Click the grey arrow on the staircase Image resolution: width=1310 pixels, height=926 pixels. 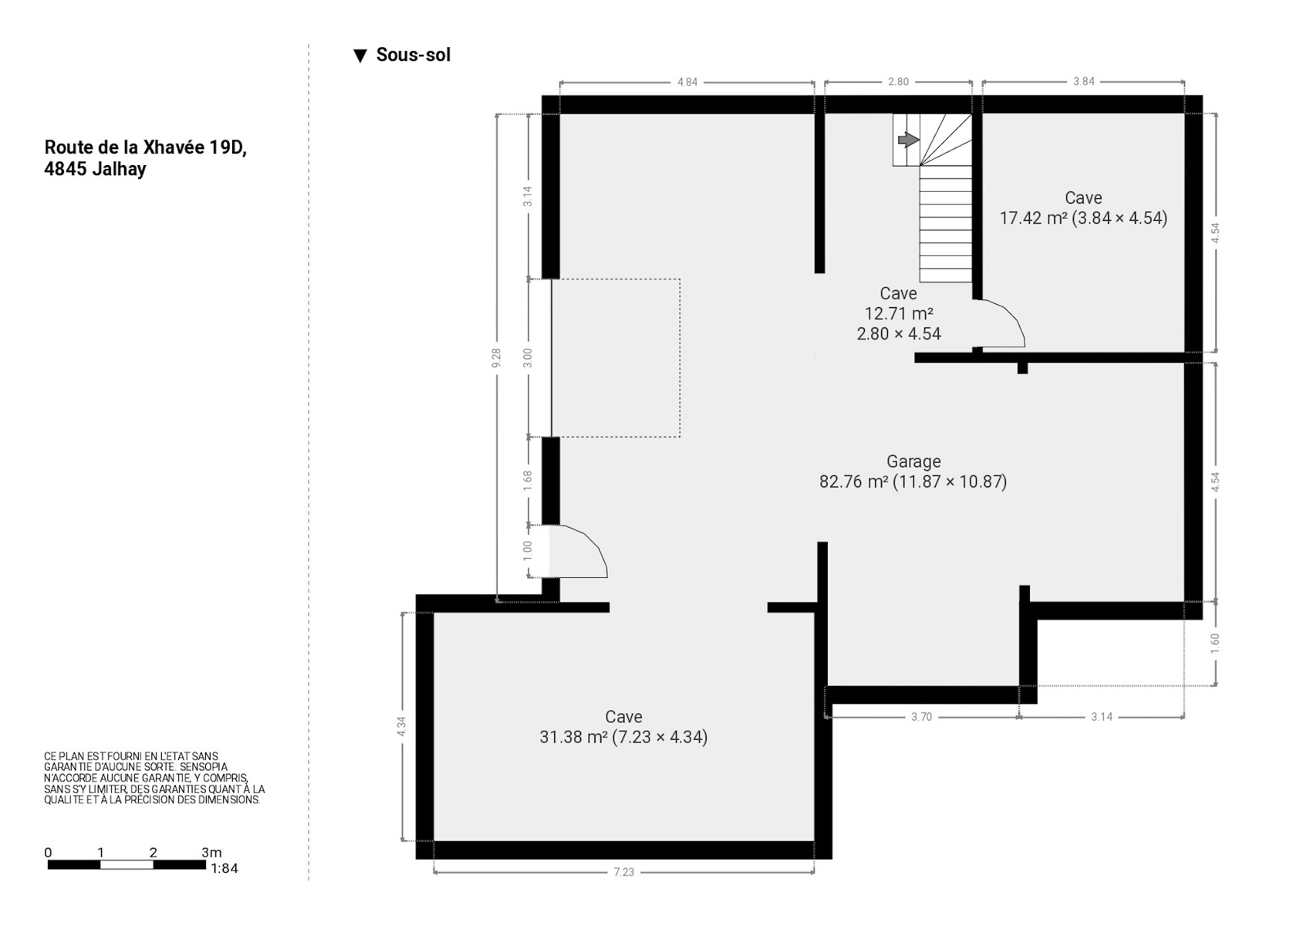click(x=908, y=139)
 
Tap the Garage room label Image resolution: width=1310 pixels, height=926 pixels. click(x=913, y=461)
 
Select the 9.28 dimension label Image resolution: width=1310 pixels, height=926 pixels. click(x=497, y=358)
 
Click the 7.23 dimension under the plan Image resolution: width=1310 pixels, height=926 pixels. click(x=623, y=872)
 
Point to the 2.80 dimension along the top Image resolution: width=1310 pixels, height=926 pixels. click(x=898, y=81)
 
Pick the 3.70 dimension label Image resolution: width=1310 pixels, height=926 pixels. click(x=922, y=717)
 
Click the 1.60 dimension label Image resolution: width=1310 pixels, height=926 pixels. click(x=1214, y=644)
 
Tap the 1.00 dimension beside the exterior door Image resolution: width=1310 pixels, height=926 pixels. click(x=528, y=551)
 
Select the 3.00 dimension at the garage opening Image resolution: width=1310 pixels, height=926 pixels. click(x=528, y=358)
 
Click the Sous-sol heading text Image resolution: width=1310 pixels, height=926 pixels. click(x=414, y=55)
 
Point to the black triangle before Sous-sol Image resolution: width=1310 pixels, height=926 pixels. click(x=360, y=56)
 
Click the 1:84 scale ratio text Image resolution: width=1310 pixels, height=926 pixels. click(x=225, y=868)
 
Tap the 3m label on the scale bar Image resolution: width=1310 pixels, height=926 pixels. click(x=211, y=852)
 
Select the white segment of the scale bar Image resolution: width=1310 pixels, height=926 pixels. click(x=127, y=864)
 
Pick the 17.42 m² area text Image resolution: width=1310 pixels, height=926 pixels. click(x=1033, y=218)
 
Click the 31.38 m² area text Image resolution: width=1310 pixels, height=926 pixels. click(x=573, y=737)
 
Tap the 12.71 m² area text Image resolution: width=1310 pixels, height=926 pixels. click(x=898, y=313)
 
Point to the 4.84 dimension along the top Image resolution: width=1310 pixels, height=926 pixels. click(x=687, y=82)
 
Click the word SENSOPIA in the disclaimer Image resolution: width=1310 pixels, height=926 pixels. click(x=204, y=767)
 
